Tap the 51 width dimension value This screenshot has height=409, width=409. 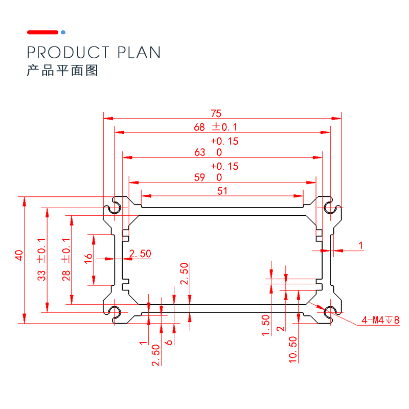222,191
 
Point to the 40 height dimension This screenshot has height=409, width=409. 19,255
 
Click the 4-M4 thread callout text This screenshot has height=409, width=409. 380,320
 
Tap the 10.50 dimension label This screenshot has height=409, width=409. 293,349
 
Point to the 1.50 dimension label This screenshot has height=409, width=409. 265,325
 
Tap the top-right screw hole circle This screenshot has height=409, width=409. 330,207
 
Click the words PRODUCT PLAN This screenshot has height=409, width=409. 94,52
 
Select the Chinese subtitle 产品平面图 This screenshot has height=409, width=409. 62,71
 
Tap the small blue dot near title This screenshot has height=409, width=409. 63,32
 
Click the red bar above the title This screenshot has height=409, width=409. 42,32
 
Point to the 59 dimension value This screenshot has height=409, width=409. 200,177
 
